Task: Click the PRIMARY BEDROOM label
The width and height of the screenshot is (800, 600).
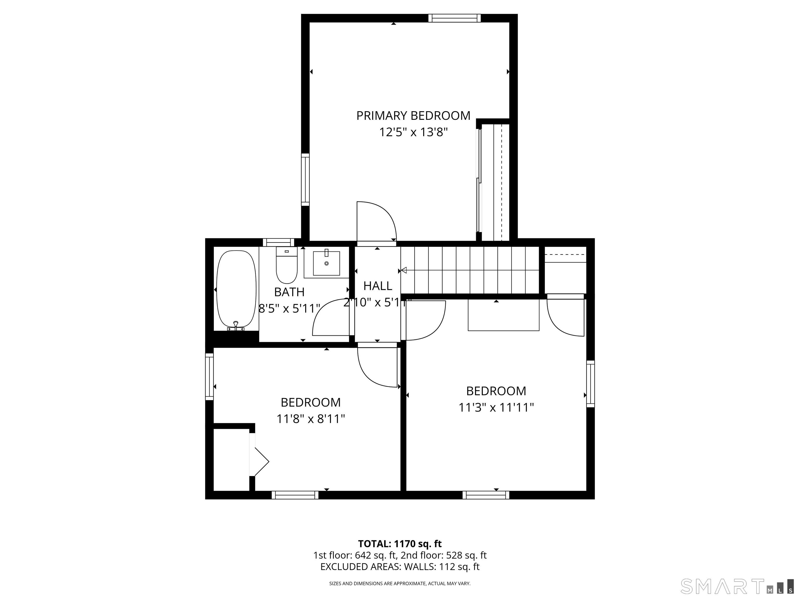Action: click(413, 116)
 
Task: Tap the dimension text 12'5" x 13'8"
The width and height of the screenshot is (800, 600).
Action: click(413, 132)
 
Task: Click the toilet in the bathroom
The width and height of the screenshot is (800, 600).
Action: click(287, 265)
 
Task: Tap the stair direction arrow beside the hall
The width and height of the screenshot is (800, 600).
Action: click(404, 270)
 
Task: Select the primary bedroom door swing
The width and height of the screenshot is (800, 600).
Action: click(377, 221)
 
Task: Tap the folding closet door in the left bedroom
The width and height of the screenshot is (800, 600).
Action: click(259, 461)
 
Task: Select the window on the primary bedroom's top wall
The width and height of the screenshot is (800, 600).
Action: click(455, 18)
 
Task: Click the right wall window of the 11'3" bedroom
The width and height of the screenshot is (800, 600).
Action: click(590, 384)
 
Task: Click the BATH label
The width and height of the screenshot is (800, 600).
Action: click(289, 292)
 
